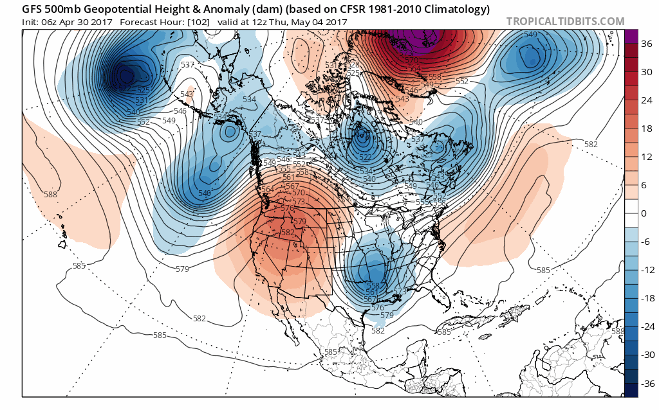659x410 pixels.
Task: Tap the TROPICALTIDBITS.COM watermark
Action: point(565,21)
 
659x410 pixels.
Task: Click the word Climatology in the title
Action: point(459,10)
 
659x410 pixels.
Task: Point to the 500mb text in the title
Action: point(69,10)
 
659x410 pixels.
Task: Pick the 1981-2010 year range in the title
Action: point(396,10)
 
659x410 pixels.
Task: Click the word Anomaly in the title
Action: point(212,10)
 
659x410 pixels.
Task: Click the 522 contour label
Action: point(366,157)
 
